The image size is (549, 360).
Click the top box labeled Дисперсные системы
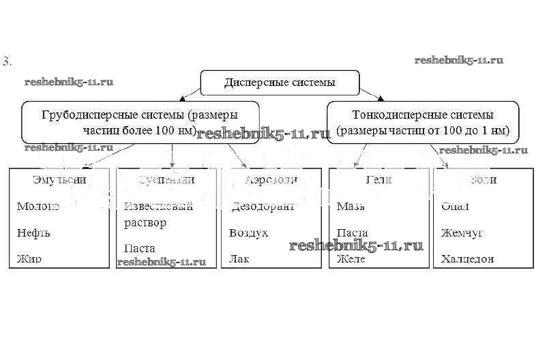(x=280, y=82)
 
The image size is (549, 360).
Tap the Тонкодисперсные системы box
(x=423, y=122)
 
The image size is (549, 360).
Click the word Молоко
(x=38, y=206)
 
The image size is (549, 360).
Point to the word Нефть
(x=33, y=233)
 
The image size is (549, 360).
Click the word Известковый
(x=158, y=206)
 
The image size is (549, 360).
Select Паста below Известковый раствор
(x=140, y=249)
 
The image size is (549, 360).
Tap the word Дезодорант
(x=263, y=206)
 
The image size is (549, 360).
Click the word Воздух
(x=249, y=233)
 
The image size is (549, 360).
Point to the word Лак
(x=239, y=259)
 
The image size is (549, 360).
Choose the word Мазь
(x=351, y=206)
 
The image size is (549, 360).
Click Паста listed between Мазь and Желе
(x=352, y=233)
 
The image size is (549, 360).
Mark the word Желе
(x=352, y=259)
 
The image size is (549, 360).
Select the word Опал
(x=455, y=206)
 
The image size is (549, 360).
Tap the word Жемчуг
(x=462, y=233)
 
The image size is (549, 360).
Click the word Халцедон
(x=467, y=259)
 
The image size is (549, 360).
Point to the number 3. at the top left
(x=8, y=61)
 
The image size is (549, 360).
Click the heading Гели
(x=379, y=180)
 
